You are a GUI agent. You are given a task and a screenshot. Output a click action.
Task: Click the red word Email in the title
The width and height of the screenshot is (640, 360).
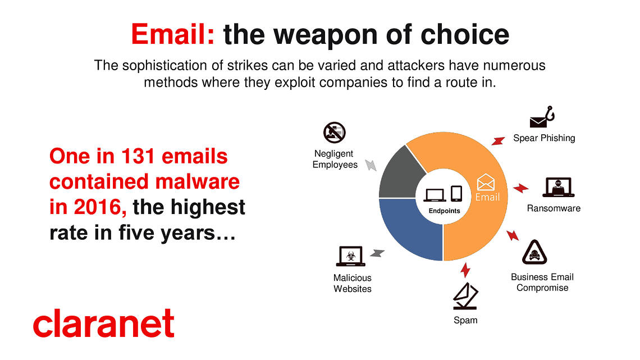(173, 34)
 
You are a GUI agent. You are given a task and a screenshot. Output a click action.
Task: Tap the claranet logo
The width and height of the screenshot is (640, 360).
(104, 323)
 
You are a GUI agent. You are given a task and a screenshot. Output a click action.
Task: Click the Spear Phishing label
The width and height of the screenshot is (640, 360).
(544, 138)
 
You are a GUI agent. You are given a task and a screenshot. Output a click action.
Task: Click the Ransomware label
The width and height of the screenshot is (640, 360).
(554, 208)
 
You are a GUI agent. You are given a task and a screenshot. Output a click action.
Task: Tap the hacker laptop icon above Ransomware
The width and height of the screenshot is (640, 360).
(558, 188)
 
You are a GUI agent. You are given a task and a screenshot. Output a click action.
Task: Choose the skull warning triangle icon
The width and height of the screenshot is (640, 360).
(534, 252)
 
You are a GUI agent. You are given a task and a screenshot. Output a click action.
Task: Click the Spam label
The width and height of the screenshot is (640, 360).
(465, 320)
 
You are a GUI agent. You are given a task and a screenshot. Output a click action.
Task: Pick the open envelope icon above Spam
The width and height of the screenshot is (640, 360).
(465, 296)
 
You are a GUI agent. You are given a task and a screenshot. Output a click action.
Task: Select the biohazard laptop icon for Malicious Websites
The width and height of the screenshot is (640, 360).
(351, 256)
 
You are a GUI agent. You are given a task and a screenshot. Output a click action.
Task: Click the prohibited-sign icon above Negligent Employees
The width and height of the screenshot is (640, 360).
(334, 132)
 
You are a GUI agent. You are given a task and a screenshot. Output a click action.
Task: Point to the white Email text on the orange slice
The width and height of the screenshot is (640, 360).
(487, 197)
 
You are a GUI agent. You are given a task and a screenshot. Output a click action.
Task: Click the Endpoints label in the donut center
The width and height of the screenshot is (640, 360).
(444, 211)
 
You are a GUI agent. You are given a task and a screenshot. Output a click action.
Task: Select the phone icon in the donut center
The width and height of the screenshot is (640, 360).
(456, 193)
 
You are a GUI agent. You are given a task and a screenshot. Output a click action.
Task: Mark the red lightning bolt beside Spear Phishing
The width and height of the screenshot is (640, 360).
(498, 141)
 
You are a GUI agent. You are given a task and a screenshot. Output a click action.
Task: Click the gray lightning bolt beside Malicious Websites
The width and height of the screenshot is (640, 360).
(377, 253)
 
